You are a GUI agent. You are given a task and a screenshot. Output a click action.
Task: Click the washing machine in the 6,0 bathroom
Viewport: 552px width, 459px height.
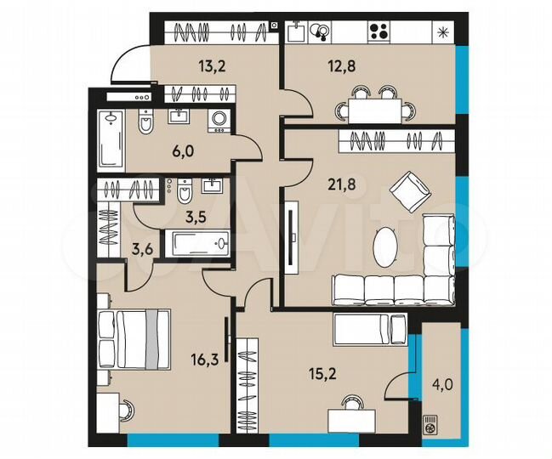click(x=219, y=121)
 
